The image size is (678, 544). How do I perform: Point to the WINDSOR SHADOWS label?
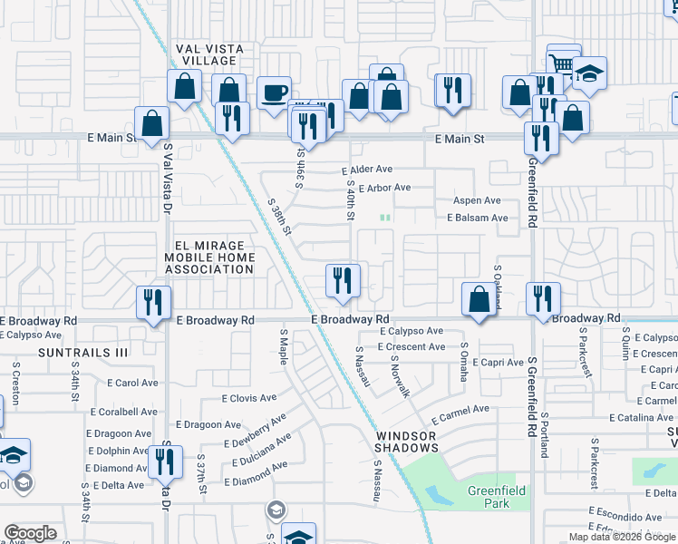click(x=408, y=442)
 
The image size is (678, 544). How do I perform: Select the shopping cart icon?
click(x=563, y=63)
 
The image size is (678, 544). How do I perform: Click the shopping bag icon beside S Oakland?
click(x=478, y=297)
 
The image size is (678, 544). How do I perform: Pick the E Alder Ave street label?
click(x=367, y=170)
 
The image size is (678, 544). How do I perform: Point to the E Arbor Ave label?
click(x=384, y=189)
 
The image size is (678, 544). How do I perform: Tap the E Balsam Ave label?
click(x=478, y=218)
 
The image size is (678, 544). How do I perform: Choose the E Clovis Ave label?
click(x=249, y=398)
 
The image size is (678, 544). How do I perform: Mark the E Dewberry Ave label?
click(x=258, y=430)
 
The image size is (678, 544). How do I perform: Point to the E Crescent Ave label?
click(x=412, y=347)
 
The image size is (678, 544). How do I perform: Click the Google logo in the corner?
click(x=29, y=533)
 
